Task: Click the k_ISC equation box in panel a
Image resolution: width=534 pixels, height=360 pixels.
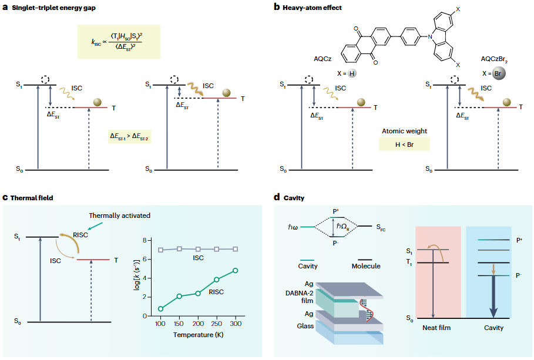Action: pos(119,42)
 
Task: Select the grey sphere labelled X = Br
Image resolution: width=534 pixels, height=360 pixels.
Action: pos(500,74)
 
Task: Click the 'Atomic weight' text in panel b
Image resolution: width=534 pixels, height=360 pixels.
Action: pos(404,131)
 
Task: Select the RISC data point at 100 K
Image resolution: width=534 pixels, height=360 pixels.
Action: pos(161,308)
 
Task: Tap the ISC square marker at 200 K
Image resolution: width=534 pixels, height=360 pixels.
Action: pos(199,249)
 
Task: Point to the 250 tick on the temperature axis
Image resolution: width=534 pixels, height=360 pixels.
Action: pos(217,324)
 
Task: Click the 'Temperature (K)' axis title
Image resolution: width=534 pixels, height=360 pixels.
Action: pos(198,335)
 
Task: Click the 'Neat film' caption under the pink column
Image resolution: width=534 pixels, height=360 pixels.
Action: pos(436,328)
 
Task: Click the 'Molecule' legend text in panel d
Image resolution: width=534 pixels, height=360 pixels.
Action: pos(365,266)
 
